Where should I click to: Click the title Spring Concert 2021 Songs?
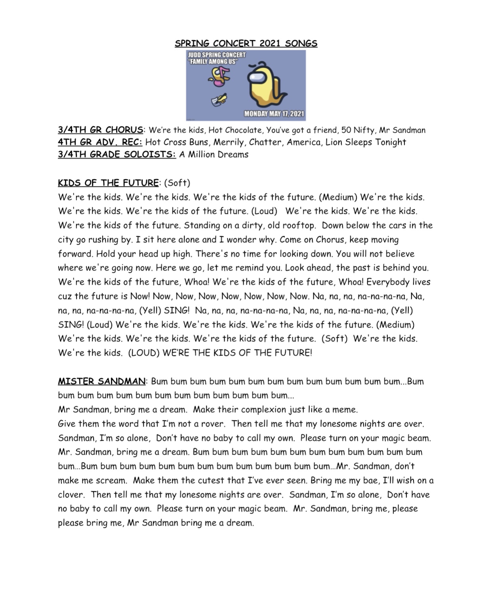tap(246, 43)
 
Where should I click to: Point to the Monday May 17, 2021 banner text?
tap(274, 114)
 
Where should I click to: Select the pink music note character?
tap(220, 76)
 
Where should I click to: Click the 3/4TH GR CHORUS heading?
tap(101, 130)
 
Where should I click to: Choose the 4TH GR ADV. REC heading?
tap(100, 142)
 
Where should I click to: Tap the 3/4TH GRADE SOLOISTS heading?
tap(117, 154)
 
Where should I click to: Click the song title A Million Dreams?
tap(214, 154)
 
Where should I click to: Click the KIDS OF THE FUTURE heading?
tap(108, 183)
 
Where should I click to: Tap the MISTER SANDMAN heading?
tap(102, 381)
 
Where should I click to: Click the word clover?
tap(71, 495)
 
